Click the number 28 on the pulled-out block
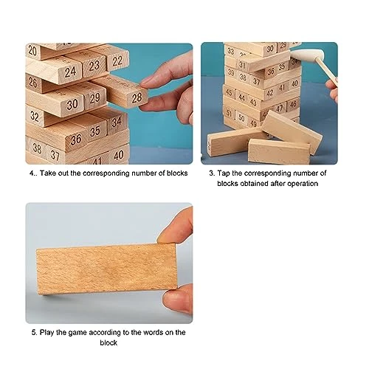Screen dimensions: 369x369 137,98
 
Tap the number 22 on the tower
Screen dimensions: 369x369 117,61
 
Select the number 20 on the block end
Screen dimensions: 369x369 32,50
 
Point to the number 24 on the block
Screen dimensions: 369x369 70,72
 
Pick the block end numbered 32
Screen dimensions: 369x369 35,116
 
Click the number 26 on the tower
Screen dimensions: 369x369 33,83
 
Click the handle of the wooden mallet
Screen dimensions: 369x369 327,72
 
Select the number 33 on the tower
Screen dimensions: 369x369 230,51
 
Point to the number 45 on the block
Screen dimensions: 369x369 229,92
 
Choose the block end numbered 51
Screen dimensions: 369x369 230,114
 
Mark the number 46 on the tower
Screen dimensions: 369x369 293,104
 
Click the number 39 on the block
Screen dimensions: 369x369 231,72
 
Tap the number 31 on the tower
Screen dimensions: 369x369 242,65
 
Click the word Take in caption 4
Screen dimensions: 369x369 48,173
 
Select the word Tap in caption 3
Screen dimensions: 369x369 224,173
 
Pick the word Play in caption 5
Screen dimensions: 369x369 46,333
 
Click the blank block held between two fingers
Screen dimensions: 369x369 107,268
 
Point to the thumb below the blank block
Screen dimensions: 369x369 178,299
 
